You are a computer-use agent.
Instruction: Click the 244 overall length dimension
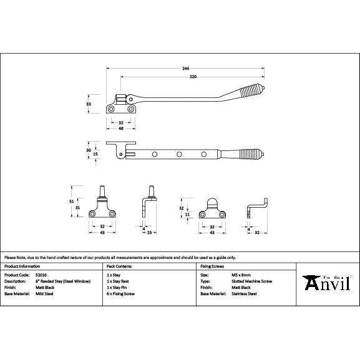(x=185, y=67)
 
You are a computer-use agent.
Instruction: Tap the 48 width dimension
(x=120, y=129)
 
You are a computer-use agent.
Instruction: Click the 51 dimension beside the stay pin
(x=72, y=201)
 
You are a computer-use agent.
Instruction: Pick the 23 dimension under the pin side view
(x=151, y=232)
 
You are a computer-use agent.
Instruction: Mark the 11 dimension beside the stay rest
(x=188, y=214)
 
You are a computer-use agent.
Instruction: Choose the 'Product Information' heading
(x=23, y=266)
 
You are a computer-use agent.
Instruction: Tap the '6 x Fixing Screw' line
(x=121, y=293)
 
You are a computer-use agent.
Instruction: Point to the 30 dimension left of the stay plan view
(x=89, y=150)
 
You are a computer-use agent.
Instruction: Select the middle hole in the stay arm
(x=179, y=153)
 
